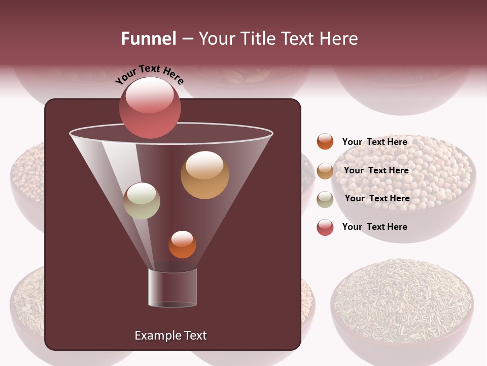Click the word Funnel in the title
pyautogui.click(x=149, y=39)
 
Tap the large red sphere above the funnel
pyautogui.click(x=150, y=107)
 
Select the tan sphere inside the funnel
pyautogui.click(x=204, y=174)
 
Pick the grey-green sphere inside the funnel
pyautogui.click(x=142, y=201)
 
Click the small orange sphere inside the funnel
pyautogui.click(x=182, y=245)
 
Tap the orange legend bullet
pyautogui.click(x=325, y=142)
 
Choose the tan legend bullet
pyautogui.click(x=325, y=171)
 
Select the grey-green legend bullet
pyautogui.click(x=325, y=199)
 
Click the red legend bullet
pyautogui.click(x=325, y=227)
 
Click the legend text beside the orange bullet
pyautogui.click(x=374, y=142)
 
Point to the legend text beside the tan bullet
pyautogui.click(x=376, y=170)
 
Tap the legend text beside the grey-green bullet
pyautogui.click(x=377, y=198)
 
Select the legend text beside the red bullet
pyautogui.click(x=374, y=227)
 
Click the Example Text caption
pyautogui.click(x=170, y=335)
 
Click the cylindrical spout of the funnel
pyautogui.click(x=172, y=288)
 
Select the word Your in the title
pyautogui.click(x=215, y=39)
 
